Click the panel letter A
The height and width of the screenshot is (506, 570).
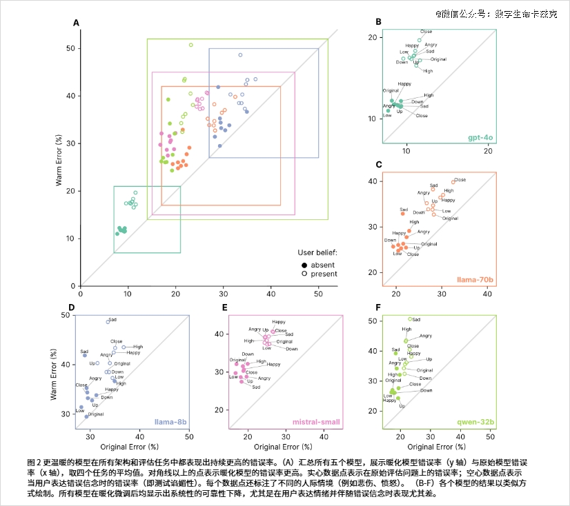[76, 23]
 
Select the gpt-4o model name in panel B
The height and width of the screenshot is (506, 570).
[481, 138]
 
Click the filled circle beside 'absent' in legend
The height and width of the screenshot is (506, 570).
[304, 264]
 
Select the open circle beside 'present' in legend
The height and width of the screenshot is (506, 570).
[304, 274]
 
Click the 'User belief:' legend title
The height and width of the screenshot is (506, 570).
[317, 253]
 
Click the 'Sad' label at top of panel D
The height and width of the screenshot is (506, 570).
[113, 320]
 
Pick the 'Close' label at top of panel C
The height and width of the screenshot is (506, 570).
[460, 180]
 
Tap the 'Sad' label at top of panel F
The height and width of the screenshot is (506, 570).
[417, 319]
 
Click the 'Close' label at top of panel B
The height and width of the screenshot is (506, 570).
[426, 32]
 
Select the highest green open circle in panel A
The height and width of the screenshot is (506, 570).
[191, 45]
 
